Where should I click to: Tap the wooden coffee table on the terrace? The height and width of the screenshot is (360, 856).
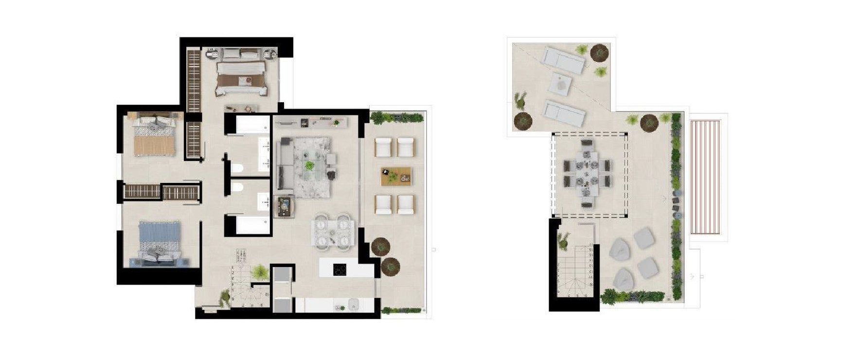[x=396, y=176]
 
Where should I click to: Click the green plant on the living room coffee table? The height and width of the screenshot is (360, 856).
[x=309, y=166]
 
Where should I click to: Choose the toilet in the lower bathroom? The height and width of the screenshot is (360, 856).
[x=237, y=188]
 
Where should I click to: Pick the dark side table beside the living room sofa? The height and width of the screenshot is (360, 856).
[x=284, y=206]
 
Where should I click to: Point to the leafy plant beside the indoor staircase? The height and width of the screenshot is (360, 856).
[x=260, y=271]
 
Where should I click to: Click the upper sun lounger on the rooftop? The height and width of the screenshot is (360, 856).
[x=564, y=59]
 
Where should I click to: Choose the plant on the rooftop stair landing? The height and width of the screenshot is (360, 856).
[x=564, y=239]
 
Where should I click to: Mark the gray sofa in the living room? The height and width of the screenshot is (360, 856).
[x=285, y=165]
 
